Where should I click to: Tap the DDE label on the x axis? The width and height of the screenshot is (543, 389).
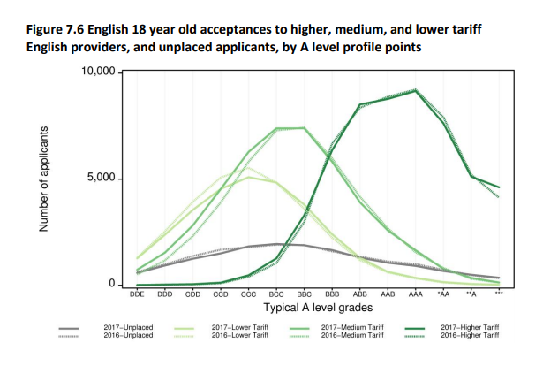click(137, 292)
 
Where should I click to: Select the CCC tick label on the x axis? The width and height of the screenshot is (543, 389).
click(248, 292)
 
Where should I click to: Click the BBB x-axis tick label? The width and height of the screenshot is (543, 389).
click(332, 292)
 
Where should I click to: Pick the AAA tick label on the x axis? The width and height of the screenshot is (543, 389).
click(416, 292)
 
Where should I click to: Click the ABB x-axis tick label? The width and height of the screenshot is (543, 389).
click(360, 292)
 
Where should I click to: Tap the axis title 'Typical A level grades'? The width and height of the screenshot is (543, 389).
click(318, 307)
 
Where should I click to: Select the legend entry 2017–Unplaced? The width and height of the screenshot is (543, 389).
click(129, 328)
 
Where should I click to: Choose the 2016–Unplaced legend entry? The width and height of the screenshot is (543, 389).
click(129, 336)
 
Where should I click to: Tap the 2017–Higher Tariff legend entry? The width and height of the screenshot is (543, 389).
click(468, 328)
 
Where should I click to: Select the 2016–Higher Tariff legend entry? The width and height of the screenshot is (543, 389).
click(468, 336)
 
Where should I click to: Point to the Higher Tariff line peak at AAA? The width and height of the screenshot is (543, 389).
click(416, 90)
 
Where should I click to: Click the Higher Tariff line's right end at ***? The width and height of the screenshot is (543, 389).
click(499, 187)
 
